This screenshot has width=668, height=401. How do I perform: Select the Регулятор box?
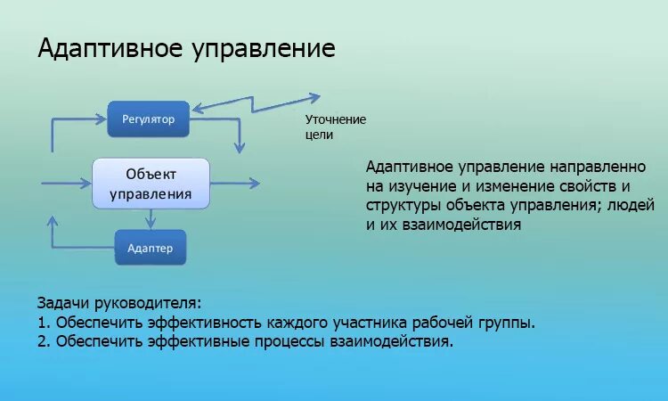148,119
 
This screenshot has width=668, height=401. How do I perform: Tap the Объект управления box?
151,183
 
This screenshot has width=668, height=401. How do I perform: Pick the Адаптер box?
151,247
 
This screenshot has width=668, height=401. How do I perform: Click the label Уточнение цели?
336,127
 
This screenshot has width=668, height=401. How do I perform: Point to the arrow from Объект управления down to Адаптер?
151,217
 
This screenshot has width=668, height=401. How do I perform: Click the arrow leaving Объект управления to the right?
236,183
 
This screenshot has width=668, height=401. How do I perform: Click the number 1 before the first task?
42,322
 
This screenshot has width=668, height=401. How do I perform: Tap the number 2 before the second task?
42,341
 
